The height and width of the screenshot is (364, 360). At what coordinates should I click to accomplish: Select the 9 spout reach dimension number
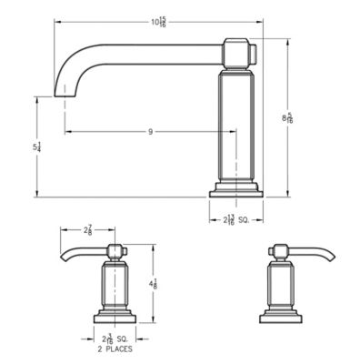150,132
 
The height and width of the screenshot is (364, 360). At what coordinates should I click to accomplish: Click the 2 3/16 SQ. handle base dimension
113,339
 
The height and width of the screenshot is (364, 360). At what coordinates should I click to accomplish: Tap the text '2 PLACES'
112,349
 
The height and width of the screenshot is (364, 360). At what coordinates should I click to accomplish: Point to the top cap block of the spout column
238,50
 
